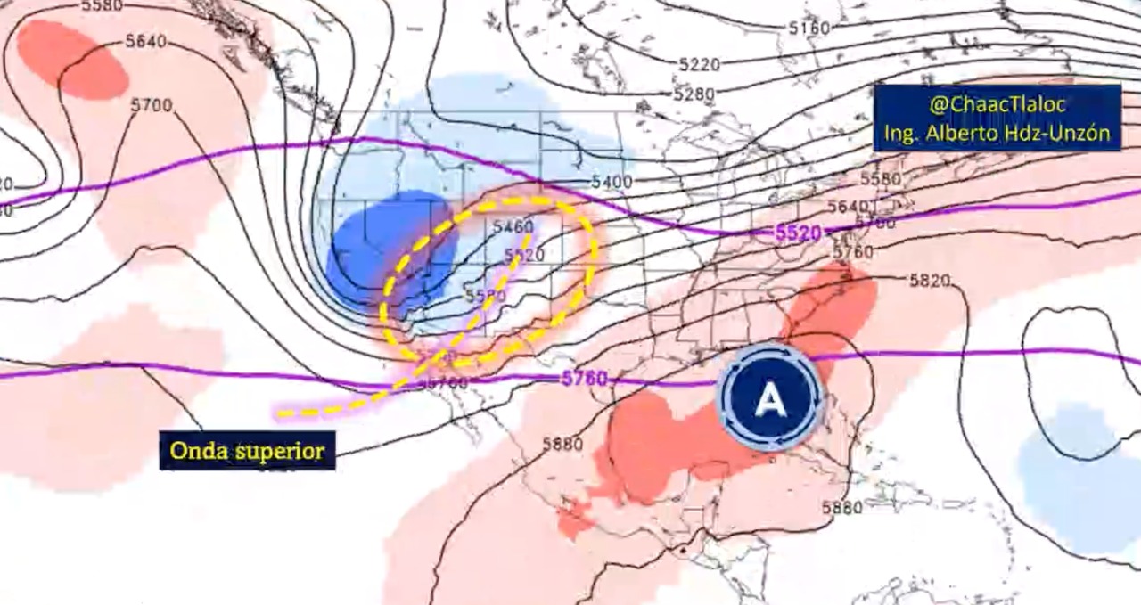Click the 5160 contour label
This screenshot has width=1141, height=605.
(x=809, y=28)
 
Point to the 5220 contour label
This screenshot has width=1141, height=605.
(x=699, y=64)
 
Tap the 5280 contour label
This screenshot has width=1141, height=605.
(x=694, y=94)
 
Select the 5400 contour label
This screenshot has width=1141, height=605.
(x=611, y=182)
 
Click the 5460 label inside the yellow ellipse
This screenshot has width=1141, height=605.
(x=513, y=226)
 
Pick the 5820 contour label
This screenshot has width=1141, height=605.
(x=931, y=281)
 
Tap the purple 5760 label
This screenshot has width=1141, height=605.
(x=584, y=378)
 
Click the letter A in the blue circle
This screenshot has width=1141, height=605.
(x=768, y=401)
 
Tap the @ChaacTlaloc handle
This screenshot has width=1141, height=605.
(x=997, y=105)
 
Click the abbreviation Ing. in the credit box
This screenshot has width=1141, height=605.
(x=901, y=133)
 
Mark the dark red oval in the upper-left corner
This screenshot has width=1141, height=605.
(x=72, y=59)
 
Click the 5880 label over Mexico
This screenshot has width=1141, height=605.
(x=562, y=444)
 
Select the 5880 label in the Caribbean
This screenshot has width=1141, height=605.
(x=841, y=508)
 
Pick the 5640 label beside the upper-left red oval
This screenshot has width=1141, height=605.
(x=145, y=41)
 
